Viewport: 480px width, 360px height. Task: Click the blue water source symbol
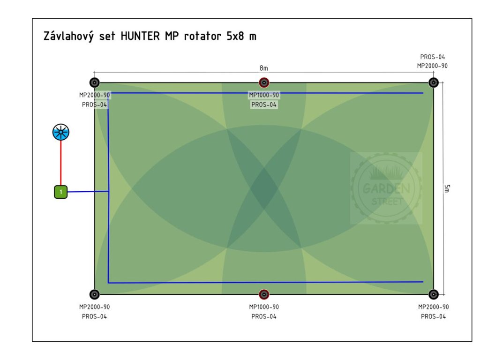coord(60,133)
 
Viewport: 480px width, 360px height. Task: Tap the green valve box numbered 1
coord(60,192)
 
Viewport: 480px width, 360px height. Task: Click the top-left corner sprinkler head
coord(95,83)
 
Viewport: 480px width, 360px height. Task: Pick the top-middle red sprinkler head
coord(264,83)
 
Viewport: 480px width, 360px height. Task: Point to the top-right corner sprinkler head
coord(434,83)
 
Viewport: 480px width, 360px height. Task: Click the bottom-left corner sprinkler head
coord(95,294)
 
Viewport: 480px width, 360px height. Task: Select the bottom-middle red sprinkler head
coord(264,294)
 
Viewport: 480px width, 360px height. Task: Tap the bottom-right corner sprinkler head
coord(434,294)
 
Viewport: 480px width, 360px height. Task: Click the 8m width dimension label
coord(264,68)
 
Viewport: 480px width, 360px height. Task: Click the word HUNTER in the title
coord(140,37)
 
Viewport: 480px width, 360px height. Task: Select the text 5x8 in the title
coord(237,37)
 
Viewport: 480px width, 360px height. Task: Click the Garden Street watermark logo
coord(386,188)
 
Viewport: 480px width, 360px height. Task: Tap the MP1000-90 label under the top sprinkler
coord(264,95)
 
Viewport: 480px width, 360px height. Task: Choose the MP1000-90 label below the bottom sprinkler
coord(264,307)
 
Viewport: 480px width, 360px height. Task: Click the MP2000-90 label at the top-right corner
coord(432,66)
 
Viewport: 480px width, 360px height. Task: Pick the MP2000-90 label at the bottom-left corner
coord(95,307)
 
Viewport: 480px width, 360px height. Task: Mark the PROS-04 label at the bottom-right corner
coord(433,316)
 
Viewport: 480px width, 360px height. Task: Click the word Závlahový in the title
coord(67,37)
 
